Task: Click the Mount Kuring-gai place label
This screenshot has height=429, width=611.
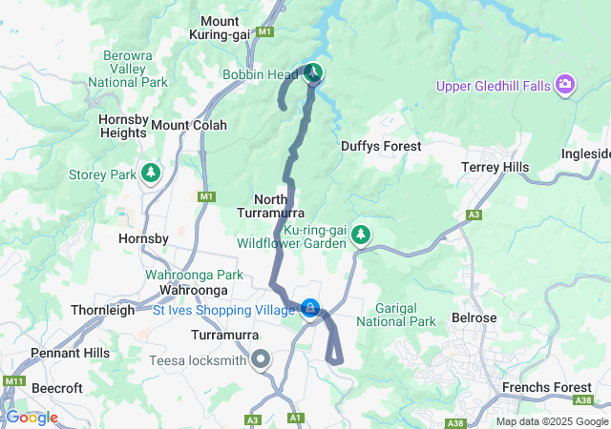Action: (x=232, y=28)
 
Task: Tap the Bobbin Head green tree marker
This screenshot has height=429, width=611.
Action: (x=313, y=73)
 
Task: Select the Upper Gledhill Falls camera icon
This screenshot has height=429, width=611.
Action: (x=565, y=86)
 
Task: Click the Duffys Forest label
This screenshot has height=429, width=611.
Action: (x=381, y=146)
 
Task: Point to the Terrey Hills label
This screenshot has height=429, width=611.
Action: (x=495, y=167)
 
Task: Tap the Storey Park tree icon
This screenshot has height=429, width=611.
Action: (x=150, y=173)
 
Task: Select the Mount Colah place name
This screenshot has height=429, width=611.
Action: (x=189, y=125)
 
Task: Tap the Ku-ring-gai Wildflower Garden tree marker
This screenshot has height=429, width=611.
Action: (x=361, y=234)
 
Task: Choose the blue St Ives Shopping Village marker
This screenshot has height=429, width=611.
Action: (x=310, y=308)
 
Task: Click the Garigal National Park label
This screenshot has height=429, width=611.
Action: (x=395, y=316)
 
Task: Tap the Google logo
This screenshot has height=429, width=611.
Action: (x=32, y=418)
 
